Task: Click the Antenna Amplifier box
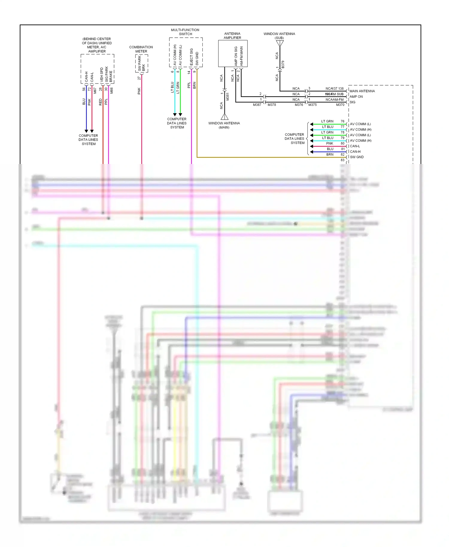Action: click(x=233, y=54)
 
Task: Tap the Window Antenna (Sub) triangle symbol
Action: click(x=280, y=44)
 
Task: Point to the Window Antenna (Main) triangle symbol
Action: click(x=224, y=117)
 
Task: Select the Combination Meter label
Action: click(x=141, y=49)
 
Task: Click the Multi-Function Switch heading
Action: click(x=185, y=32)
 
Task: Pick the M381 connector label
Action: click(x=227, y=96)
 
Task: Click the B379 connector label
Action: click(x=283, y=65)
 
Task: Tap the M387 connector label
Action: click(x=257, y=105)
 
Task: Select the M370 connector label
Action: click(x=340, y=105)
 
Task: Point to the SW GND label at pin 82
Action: click(x=357, y=157)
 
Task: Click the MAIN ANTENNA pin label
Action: click(x=362, y=91)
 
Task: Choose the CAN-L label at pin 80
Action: click(x=355, y=146)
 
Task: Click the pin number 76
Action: click(x=342, y=121)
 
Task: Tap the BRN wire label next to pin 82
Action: click(x=330, y=154)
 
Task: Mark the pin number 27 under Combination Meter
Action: click(x=139, y=78)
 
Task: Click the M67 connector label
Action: click(x=95, y=90)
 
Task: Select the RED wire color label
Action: click(x=100, y=102)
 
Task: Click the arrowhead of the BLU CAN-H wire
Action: click(x=87, y=131)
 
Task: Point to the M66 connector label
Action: click(x=112, y=90)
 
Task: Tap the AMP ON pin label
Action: click(x=356, y=97)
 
